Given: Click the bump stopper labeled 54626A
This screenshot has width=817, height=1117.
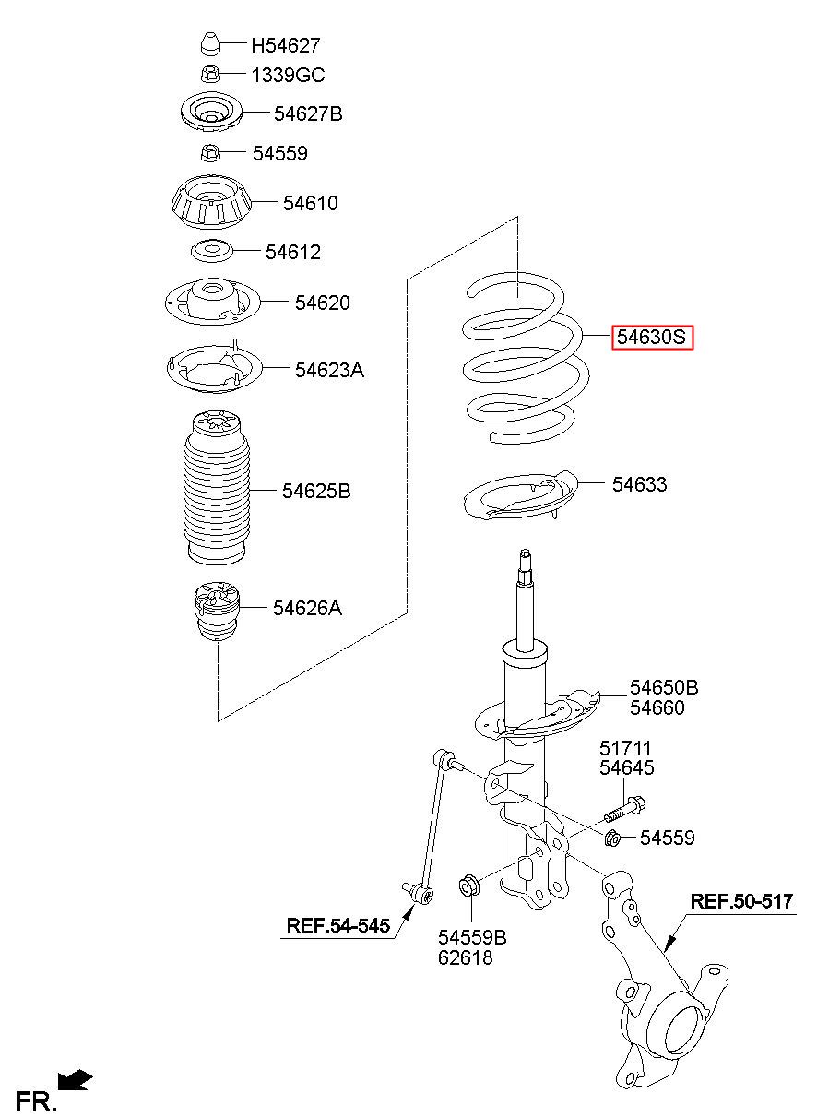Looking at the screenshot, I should (x=214, y=612).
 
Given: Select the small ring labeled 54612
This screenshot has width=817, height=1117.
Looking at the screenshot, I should (x=211, y=250).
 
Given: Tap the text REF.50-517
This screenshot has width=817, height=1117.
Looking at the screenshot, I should (x=741, y=902).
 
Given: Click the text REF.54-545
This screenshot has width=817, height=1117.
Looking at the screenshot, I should (x=337, y=925).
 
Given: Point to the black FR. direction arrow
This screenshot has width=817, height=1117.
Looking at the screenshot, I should (x=75, y=1079).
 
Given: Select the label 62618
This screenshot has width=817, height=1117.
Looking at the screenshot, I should (x=466, y=958).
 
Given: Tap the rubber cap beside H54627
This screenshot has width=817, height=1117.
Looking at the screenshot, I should (x=209, y=43).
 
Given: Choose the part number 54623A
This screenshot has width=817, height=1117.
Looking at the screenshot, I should (x=329, y=371).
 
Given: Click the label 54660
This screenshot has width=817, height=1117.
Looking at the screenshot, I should (x=657, y=708).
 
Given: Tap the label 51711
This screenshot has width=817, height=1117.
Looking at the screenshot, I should (x=627, y=748).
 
